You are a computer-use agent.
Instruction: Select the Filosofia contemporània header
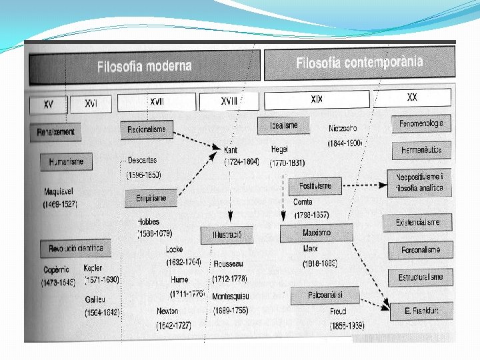click(x=359, y=63)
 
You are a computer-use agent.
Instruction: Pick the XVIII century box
click(x=229, y=101)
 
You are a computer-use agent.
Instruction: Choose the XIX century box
click(x=317, y=99)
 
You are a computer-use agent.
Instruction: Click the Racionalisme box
click(x=147, y=129)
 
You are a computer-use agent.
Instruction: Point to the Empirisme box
click(x=151, y=197)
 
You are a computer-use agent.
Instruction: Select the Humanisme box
click(x=66, y=161)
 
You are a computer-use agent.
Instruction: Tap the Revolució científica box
click(x=75, y=249)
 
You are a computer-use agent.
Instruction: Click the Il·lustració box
click(x=227, y=235)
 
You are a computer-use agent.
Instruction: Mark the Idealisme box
click(x=283, y=125)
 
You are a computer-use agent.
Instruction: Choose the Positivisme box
click(x=315, y=186)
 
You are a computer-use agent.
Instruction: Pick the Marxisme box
click(x=316, y=233)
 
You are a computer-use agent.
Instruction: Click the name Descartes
click(x=142, y=161)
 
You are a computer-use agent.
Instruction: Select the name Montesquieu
click(x=231, y=295)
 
